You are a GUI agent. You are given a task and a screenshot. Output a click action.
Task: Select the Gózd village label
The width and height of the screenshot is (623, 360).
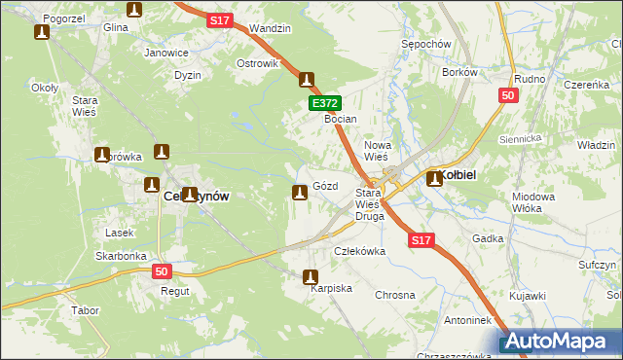pos(326,186)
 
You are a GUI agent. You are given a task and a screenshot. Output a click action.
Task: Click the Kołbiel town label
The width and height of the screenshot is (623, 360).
pos(456,175)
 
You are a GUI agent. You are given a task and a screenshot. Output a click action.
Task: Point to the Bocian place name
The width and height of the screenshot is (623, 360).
pos(341,119)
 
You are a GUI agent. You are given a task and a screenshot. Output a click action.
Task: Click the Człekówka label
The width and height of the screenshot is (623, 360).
pos(360,251)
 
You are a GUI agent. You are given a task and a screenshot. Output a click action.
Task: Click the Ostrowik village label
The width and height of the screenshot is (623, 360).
pos(257,63)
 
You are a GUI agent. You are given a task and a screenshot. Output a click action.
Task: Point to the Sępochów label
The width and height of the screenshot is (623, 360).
pos(425,45)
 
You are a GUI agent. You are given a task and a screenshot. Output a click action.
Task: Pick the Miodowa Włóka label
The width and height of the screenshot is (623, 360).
pos(532,202)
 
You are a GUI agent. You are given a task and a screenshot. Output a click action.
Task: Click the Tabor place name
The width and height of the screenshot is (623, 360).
pos(85,311)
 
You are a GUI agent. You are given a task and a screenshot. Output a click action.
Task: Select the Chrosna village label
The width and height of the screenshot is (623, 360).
pos(395,294)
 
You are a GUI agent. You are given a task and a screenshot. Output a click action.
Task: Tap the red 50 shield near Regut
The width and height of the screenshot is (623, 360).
pos(162,272)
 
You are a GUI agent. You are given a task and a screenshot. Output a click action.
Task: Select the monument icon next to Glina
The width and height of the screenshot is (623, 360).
pos(134,11)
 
